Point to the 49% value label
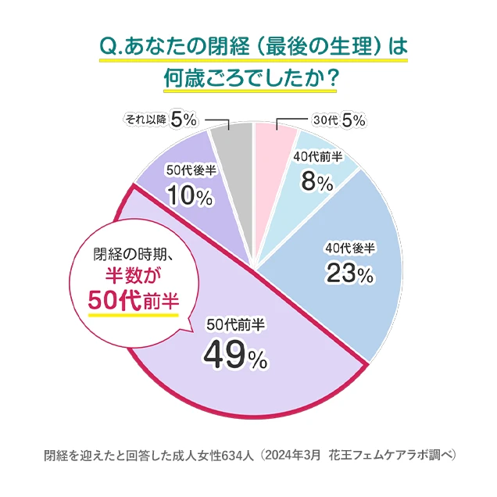coord(235,356)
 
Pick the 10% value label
coord(190,197)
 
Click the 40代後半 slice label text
coord(350,248)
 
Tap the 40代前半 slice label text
coord(317,157)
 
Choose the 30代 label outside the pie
coord(324,120)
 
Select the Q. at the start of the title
coord(109,45)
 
